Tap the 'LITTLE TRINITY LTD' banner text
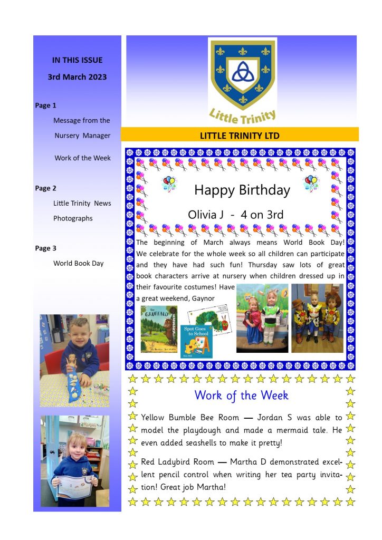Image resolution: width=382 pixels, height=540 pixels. point(240,136)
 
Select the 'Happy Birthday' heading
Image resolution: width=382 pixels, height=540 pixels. point(242,190)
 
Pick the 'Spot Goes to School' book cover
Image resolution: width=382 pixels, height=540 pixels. point(196,341)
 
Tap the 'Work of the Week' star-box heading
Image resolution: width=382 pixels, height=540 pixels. point(241,395)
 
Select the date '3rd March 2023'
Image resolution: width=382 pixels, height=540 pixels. point(77,77)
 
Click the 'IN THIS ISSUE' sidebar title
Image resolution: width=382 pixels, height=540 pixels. point(77,60)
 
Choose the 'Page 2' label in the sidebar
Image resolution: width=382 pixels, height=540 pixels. point(46,188)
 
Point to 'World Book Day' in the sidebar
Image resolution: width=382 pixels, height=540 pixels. point(79,263)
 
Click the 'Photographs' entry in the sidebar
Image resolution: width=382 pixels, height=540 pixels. point(73,218)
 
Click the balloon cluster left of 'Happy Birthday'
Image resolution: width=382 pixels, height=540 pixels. point(169,183)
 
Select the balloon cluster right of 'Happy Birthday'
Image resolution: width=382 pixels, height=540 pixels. point(311,183)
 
